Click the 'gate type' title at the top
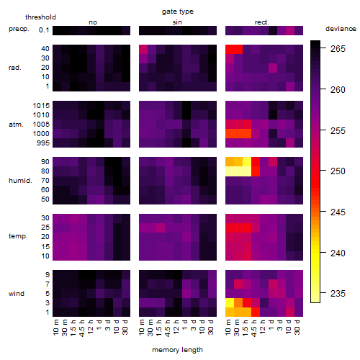click(178, 12)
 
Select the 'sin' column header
click(177, 22)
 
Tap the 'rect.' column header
click(262, 22)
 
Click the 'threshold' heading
click(40, 17)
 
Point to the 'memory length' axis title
click(178, 350)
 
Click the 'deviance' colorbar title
click(341, 29)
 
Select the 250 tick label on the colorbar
click(338, 171)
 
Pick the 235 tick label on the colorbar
click(338, 293)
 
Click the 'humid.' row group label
click(20, 181)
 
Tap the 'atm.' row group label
click(16, 125)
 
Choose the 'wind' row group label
click(17, 294)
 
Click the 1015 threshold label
click(41, 106)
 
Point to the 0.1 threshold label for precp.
click(44, 30)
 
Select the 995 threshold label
click(43, 143)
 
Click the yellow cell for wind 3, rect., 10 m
click(230, 303)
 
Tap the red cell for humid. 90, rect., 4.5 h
click(256, 162)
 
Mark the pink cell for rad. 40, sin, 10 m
click(143, 49)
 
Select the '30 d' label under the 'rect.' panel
click(297, 328)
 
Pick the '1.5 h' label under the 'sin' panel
click(159, 328)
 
